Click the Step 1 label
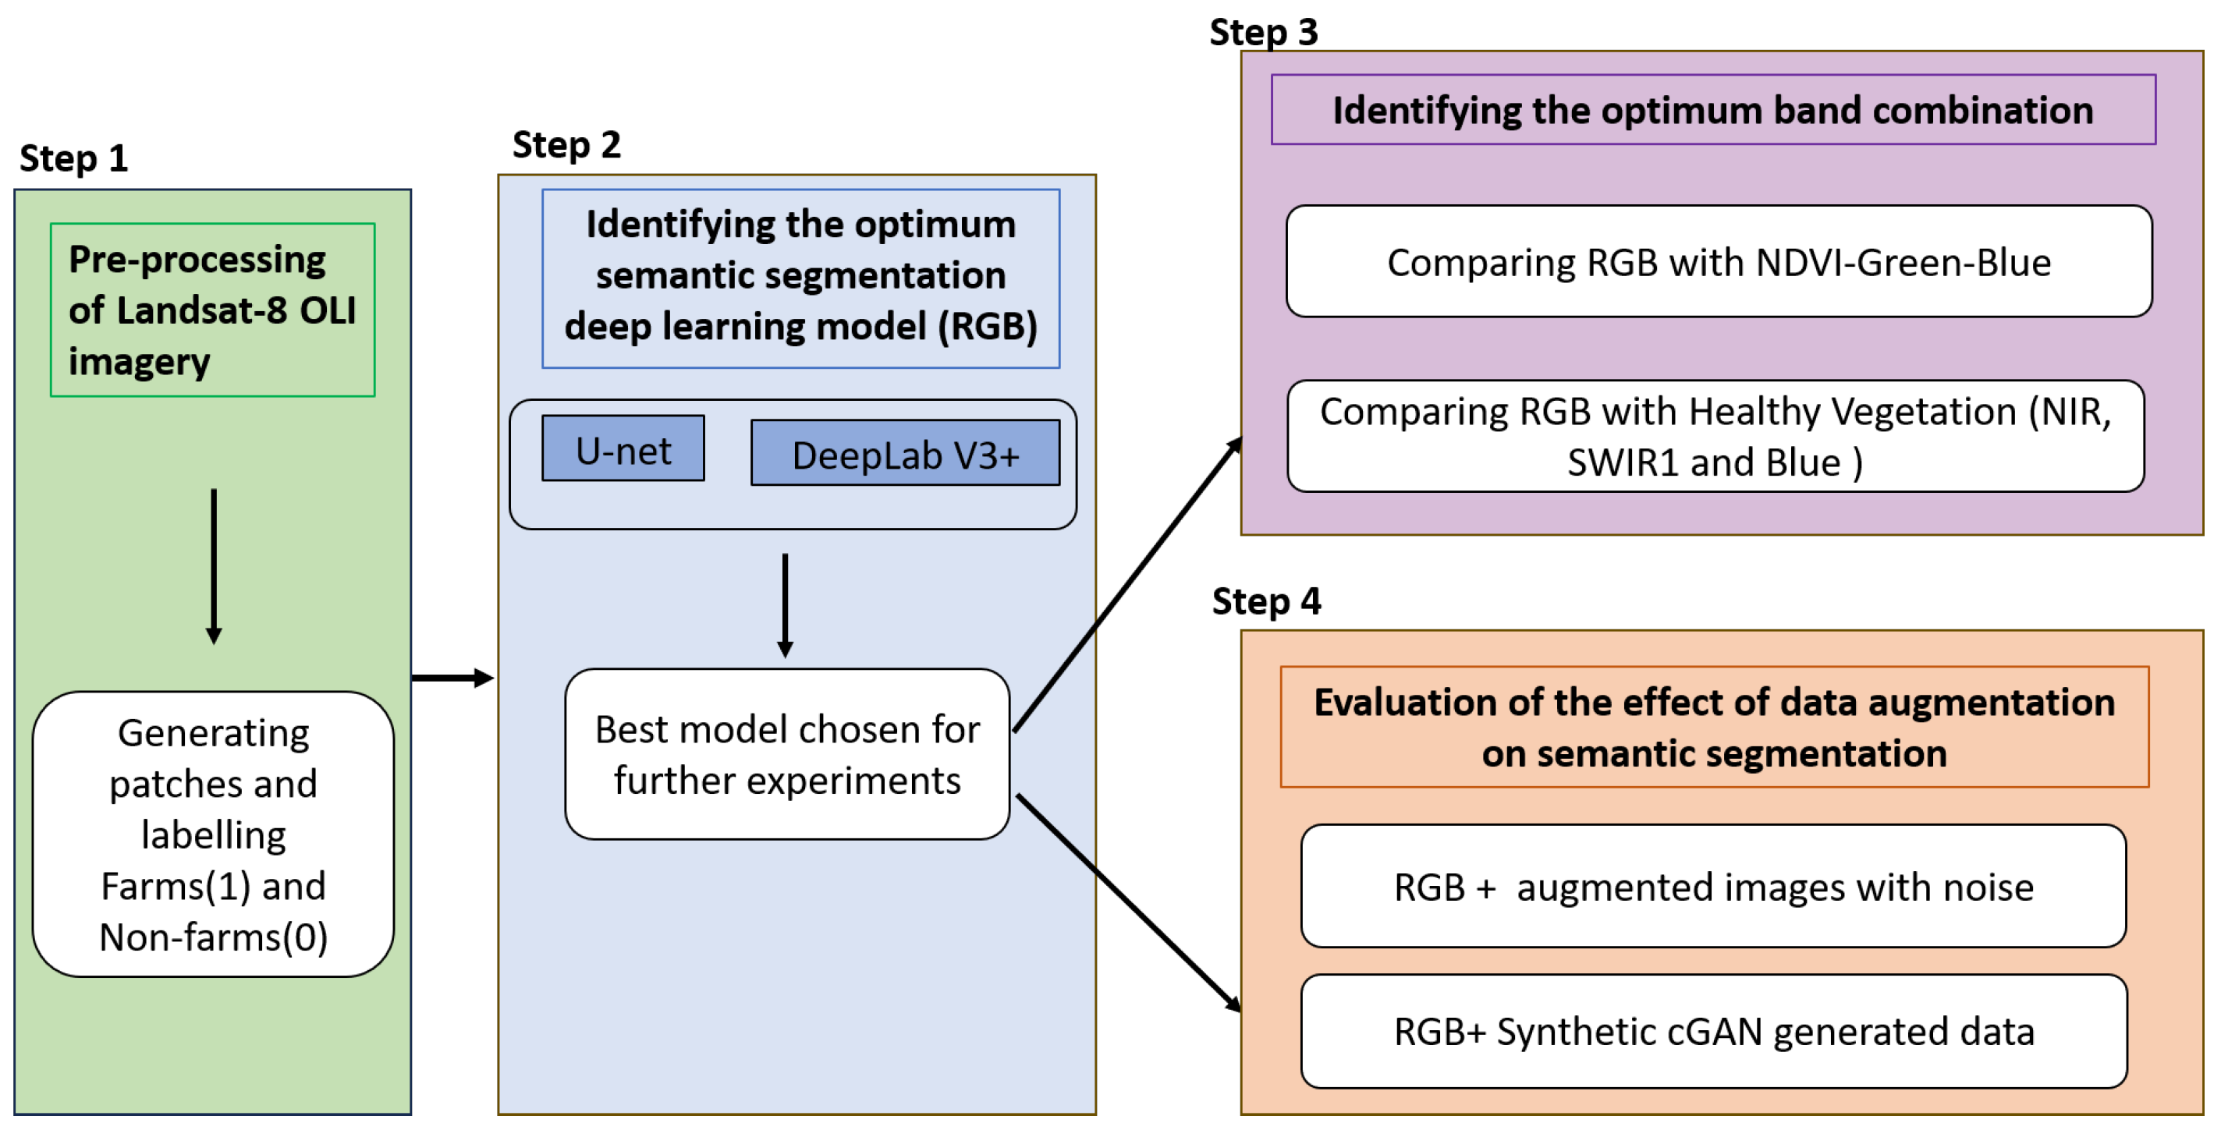pos(73,158)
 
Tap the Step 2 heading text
pos(566,145)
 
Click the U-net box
pos(623,449)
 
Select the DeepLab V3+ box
pos(904,453)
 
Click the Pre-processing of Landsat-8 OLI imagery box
pos(212,310)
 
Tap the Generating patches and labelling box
pos(213,834)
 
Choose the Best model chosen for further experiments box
pos(786,754)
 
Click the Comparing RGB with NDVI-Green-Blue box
pos(1718,262)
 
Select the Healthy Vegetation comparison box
pos(1715,437)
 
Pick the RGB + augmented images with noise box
pos(1712,886)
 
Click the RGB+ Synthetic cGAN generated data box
pos(1713,1031)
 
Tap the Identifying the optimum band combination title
pos(1712,110)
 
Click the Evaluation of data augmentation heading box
pos(1713,727)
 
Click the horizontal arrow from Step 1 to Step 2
pos(452,678)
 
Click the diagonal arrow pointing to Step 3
pos(1126,586)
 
